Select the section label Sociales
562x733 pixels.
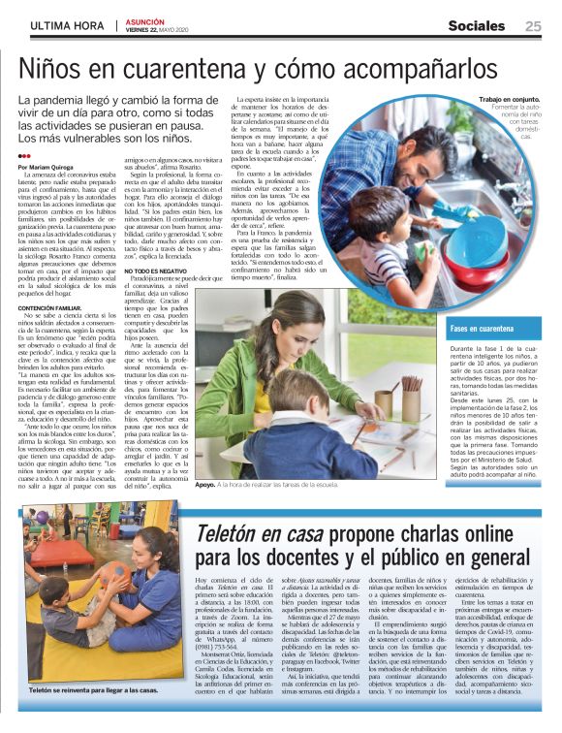(x=480, y=26)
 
